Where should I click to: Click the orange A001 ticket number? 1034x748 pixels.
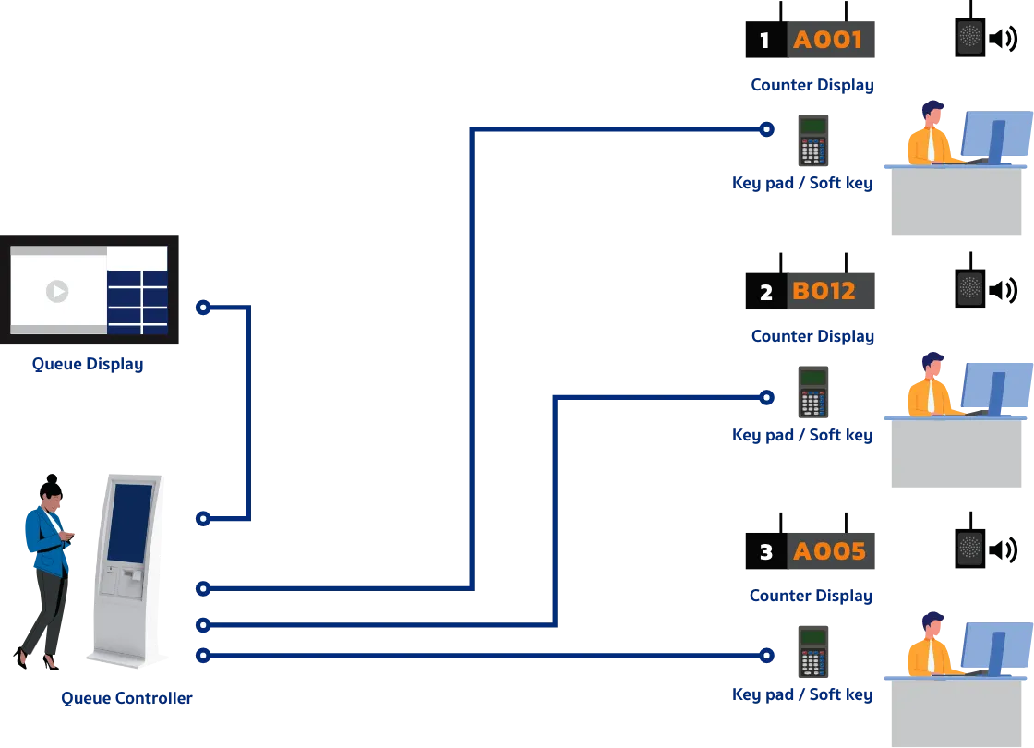(828, 39)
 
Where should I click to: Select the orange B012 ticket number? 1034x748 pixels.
(824, 292)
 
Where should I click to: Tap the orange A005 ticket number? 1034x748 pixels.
(829, 552)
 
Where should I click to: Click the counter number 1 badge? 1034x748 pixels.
(763, 41)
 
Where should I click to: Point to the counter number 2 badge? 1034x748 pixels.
(765, 293)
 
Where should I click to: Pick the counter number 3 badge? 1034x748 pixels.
(765, 553)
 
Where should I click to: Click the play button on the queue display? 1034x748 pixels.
(57, 291)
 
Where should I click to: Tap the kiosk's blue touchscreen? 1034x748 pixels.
(129, 523)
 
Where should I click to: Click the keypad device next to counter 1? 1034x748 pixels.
(813, 140)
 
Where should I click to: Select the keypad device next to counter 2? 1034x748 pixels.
(813, 392)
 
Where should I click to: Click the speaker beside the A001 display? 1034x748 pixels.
(969, 37)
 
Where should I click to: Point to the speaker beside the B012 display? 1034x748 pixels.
(969, 288)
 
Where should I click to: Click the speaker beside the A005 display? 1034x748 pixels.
(969, 548)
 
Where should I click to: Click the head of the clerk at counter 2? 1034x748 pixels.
(932, 366)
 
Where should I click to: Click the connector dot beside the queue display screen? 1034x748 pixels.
(204, 307)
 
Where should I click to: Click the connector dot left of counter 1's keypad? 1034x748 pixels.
(764, 130)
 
